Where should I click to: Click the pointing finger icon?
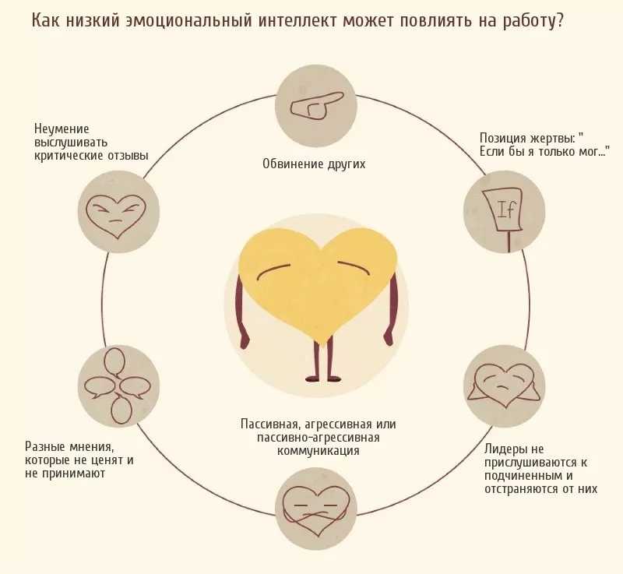pyautogui.click(x=316, y=106)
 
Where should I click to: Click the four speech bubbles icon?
pyautogui.click(x=118, y=386)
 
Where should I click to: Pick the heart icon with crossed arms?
pyautogui.click(x=316, y=510)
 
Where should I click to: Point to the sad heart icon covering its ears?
pyautogui.click(x=504, y=386)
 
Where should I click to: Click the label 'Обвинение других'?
pyautogui.click(x=314, y=164)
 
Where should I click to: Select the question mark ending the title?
pyautogui.click(x=559, y=21)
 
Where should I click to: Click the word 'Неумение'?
pyautogui.click(x=62, y=129)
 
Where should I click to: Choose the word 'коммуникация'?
pyautogui.click(x=318, y=450)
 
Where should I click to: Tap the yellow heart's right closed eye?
pyautogui.click(x=354, y=267)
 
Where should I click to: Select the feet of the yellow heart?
pyautogui.click(x=322, y=378)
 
